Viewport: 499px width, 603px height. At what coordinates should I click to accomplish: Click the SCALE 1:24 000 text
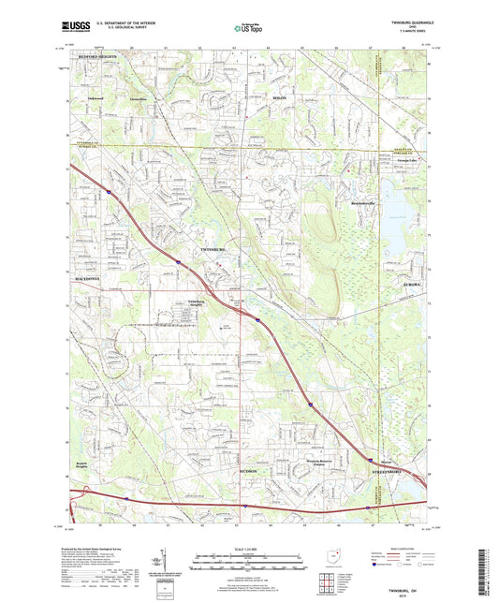248,547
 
